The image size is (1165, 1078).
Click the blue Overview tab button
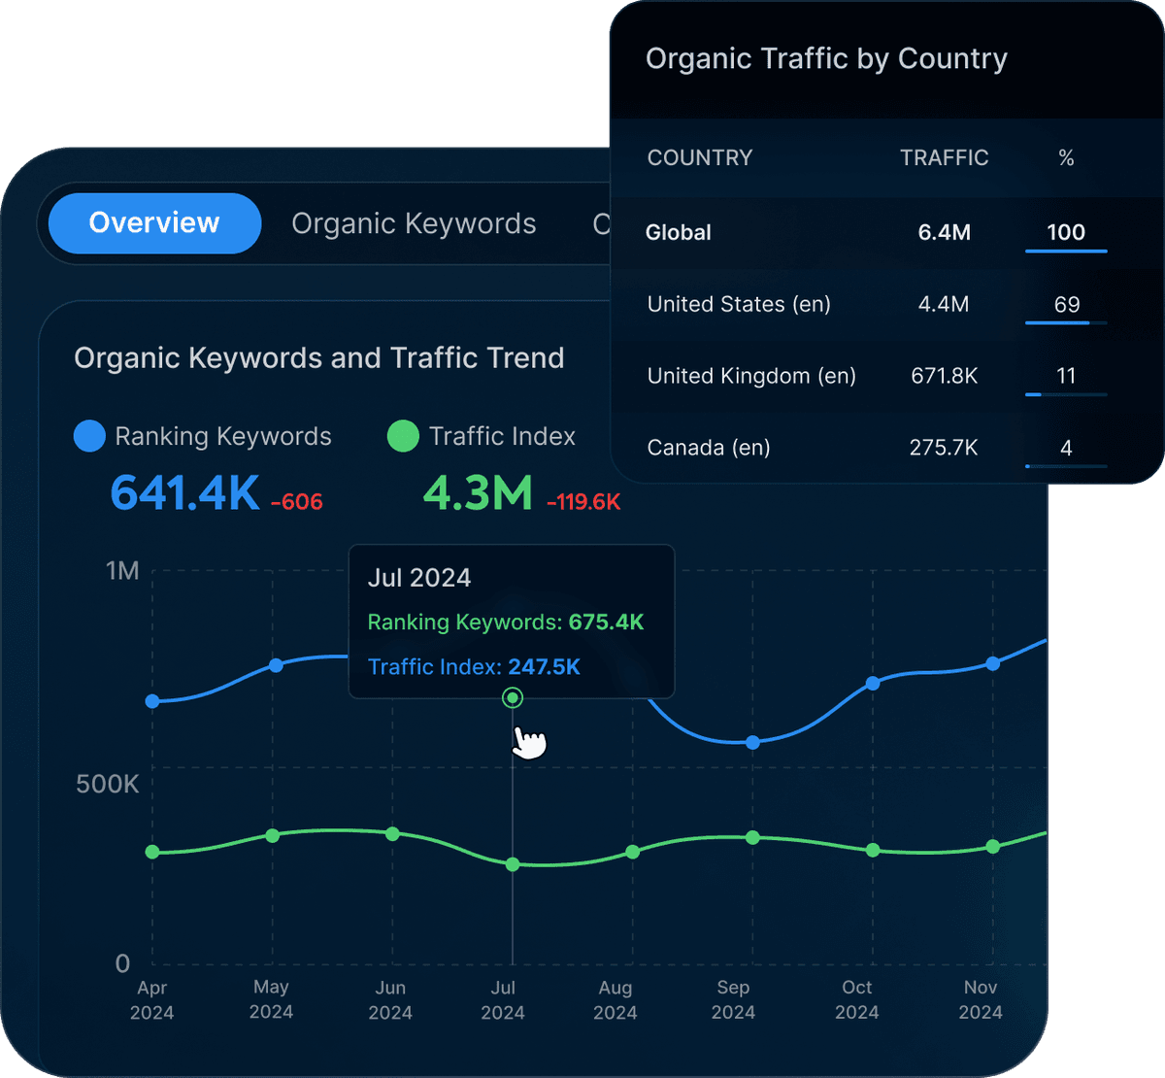pos(154,223)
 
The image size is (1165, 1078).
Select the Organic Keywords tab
pos(414,223)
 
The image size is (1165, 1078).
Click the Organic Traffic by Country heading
pos(826,59)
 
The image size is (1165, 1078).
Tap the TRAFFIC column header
pos(944,158)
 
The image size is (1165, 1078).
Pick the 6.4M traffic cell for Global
pos(944,232)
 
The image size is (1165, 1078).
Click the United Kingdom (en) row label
pos(751,376)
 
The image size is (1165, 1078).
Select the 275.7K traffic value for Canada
pos(944,448)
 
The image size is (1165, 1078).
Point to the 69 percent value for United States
pos(1066,305)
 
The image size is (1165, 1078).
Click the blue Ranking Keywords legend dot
pos(89,436)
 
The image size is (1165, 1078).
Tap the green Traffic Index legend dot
pos(403,436)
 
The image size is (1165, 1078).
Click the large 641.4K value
pos(184,493)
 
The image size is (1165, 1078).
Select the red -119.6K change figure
pos(583,502)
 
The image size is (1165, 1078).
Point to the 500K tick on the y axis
pos(107,784)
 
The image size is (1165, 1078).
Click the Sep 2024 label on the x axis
pos(733,999)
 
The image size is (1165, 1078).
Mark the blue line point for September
pos(752,742)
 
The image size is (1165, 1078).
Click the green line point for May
pos(273,835)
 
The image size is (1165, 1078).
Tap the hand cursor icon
pos(529,742)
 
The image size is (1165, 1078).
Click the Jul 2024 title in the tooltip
pos(419,578)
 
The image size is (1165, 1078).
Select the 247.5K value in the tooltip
pos(544,667)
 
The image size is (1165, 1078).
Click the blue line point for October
pos(873,684)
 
